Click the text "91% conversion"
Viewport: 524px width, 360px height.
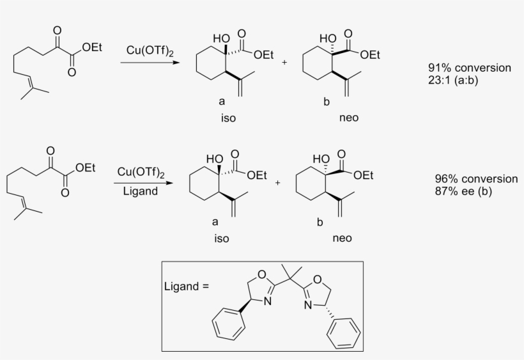click(x=470, y=68)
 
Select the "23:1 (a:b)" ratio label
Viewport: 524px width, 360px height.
click(x=453, y=80)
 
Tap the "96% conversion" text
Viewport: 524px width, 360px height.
click(x=476, y=179)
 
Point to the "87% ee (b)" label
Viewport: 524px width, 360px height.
click(x=463, y=191)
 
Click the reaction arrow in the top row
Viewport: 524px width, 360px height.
click(x=150, y=62)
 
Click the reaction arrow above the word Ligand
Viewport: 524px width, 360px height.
click(x=143, y=183)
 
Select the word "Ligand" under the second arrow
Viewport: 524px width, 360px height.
click(x=141, y=192)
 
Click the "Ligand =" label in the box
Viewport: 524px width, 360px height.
click(x=187, y=286)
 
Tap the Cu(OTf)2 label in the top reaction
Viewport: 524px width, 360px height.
click(x=150, y=51)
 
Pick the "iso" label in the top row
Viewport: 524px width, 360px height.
click(x=228, y=118)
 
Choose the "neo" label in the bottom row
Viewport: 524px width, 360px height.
click(x=343, y=239)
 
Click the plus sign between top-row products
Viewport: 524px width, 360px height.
click(x=284, y=62)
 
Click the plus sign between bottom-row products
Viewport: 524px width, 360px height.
click(x=278, y=183)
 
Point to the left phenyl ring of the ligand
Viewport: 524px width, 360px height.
click(x=229, y=324)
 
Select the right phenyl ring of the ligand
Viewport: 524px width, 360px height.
click(x=344, y=333)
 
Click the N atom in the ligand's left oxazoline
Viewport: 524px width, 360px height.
click(x=267, y=302)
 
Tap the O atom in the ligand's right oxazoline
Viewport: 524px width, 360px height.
click(x=318, y=279)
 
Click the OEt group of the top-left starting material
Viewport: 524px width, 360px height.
click(x=92, y=47)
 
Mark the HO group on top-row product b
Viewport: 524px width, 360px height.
click(x=327, y=38)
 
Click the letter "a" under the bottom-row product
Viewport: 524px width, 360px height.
click(x=215, y=222)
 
